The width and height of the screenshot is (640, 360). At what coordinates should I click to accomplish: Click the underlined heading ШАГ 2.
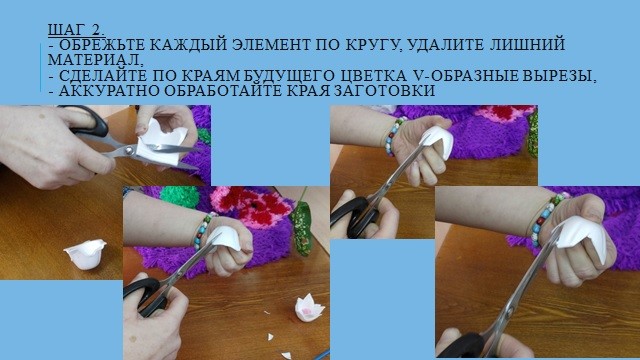tap(76, 30)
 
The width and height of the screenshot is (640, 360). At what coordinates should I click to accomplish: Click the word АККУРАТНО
tap(109, 91)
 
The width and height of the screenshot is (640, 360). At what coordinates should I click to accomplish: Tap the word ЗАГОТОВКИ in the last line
tap(384, 91)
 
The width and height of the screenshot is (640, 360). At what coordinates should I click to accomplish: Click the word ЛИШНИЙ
tap(527, 44)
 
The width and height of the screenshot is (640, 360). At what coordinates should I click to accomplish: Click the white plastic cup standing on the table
tap(85, 254)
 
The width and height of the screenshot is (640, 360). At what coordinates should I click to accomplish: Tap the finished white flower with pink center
tap(309, 308)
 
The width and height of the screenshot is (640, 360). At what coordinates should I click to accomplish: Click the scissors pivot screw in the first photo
tap(130, 151)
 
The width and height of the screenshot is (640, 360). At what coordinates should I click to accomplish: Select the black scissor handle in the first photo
tap(87, 120)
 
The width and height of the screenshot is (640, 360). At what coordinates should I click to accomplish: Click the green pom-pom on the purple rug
tap(180, 196)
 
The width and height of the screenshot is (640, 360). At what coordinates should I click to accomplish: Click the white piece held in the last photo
tap(585, 237)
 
